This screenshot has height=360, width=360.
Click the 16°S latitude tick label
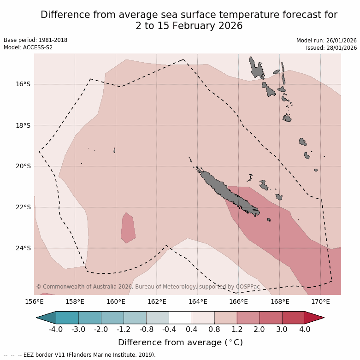coord(23,84)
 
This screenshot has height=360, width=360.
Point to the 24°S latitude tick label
coord(23,248)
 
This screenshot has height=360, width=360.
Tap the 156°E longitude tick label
coord(34,302)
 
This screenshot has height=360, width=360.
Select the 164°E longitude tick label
coord(198,302)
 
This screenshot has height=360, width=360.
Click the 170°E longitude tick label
coord(320,302)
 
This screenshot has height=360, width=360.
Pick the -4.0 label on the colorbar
coord(56,330)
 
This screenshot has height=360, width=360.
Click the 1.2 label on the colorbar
coord(237,330)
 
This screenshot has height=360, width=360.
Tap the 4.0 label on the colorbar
coord(305,330)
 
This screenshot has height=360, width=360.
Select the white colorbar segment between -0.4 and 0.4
coord(180,318)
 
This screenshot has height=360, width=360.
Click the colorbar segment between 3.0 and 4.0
coord(293,318)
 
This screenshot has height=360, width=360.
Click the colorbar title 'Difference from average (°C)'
coord(180,342)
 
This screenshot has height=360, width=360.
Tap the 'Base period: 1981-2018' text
coord(35,40)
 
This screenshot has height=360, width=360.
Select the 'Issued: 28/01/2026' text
coord(331,47)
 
